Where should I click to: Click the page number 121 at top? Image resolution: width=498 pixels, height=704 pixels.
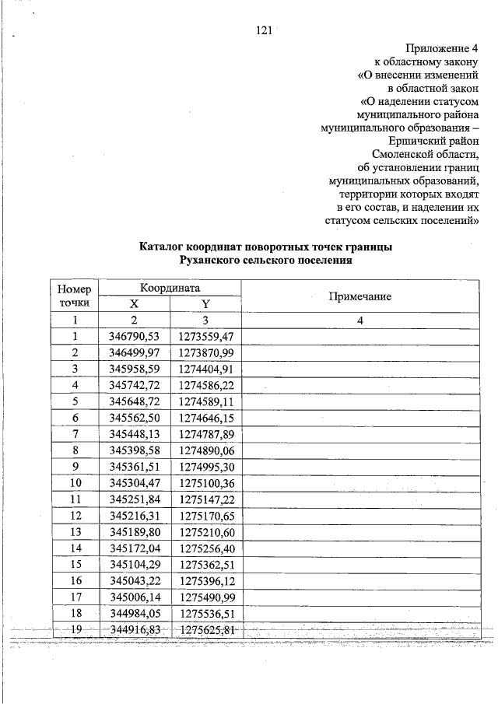point(262,31)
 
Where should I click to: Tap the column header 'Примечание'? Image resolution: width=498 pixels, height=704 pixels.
point(359,297)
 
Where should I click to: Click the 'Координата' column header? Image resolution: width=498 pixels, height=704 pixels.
point(170,288)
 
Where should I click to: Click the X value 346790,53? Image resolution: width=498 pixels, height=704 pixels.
point(134,337)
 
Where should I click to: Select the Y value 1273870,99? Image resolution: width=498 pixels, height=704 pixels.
point(205,352)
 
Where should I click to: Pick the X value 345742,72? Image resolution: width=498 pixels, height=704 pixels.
point(134,385)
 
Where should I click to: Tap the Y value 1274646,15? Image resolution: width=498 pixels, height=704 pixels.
point(205,418)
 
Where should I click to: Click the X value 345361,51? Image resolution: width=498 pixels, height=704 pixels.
point(134,467)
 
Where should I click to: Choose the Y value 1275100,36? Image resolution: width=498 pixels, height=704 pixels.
point(205,483)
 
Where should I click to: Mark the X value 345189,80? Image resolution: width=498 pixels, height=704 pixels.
point(134,532)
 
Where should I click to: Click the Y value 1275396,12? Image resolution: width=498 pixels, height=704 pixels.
point(205,581)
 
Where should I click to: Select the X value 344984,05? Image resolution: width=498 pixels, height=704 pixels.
point(134,614)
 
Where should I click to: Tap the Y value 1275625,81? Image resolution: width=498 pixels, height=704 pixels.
point(205,629)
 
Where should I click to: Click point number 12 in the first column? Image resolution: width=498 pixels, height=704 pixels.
point(75,516)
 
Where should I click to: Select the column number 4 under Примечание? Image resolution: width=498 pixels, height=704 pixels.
point(360,320)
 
